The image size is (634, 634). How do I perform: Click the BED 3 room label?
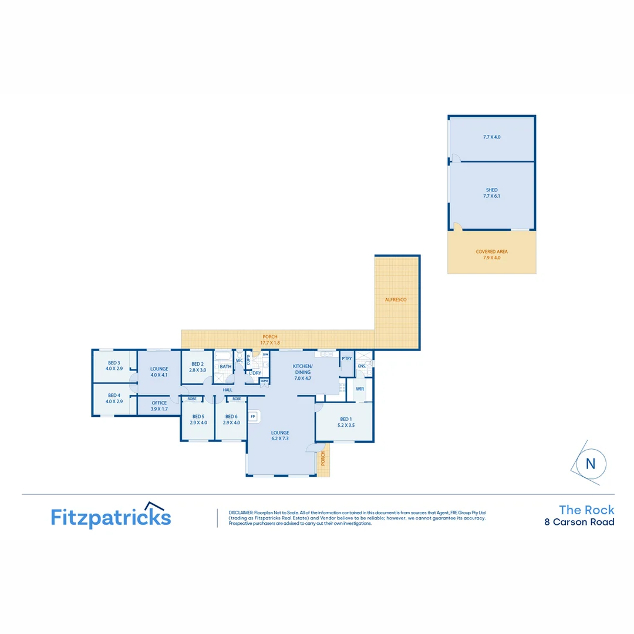point(114,363)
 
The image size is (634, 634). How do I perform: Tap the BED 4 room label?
point(114,395)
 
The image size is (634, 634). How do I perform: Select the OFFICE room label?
point(159,403)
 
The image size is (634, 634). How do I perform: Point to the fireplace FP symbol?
point(254,417)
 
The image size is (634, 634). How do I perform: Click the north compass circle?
point(590,463)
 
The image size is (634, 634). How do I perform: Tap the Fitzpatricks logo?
point(111,517)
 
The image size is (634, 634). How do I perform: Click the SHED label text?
point(491,190)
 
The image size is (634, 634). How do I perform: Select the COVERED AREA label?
point(491,251)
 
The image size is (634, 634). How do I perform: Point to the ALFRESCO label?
point(396,299)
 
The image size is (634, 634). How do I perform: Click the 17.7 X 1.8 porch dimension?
point(271,343)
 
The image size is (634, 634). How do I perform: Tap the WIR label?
point(359,389)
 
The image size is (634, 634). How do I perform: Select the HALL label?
point(228,390)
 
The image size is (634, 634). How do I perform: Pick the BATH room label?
point(225,367)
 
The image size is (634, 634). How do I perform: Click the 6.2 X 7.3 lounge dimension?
point(280,439)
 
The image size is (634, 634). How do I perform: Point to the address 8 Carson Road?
point(579,522)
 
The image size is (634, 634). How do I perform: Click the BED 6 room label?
point(232,416)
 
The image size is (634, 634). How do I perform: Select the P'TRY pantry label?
point(346,358)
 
